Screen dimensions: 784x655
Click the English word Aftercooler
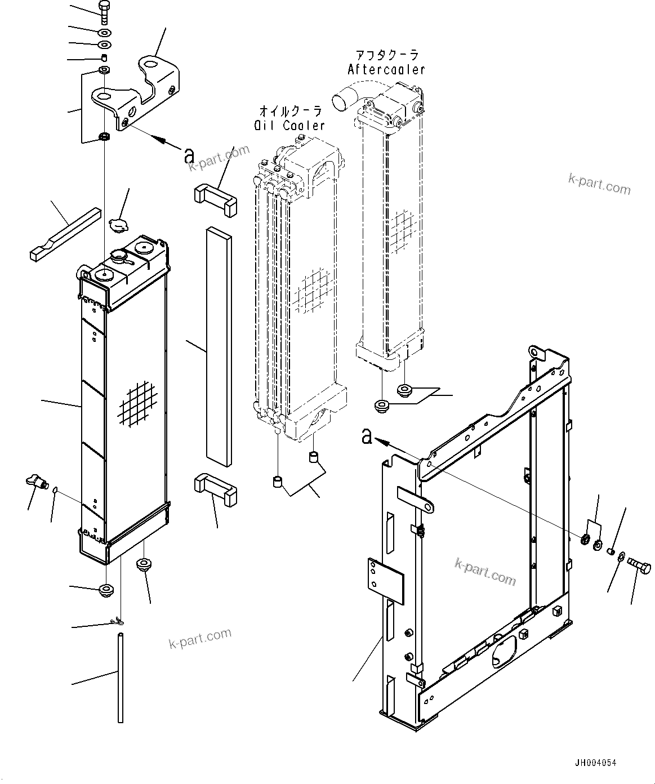pos(386,69)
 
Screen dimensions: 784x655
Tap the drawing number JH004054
pos(595,763)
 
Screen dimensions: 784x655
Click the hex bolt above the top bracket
pos(105,12)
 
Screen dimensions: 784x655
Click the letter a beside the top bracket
pos(189,155)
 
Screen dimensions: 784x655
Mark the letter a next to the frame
pos(367,436)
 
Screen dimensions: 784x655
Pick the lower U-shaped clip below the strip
pos(214,488)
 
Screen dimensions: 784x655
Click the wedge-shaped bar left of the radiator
pos(65,234)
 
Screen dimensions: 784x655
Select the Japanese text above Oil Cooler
pos(291,110)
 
